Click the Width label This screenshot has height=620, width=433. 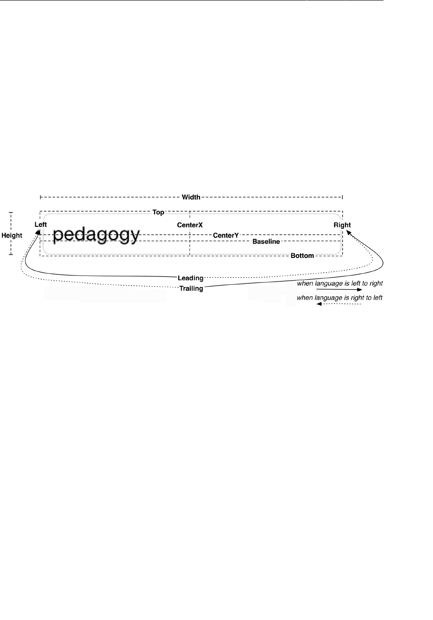(x=191, y=197)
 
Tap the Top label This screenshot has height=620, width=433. (x=158, y=213)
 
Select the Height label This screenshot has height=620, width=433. (x=12, y=235)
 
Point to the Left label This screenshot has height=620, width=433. (x=41, y=225)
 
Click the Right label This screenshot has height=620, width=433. (x=342, y=225)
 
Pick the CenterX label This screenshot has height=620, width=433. (x=190, y=225)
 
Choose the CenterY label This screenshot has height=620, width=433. (x=226, y=236)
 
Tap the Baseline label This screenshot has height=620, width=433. (x=266, y=242)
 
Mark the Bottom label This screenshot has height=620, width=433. (x=302, y=256)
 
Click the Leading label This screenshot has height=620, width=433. (x=191, y=278)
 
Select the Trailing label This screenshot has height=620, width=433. (x=191, y=288)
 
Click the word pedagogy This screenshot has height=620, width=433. (x=96, y=235)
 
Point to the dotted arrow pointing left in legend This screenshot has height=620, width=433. (x=339, y=304)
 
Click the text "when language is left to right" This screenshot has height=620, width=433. (x=339, y=283)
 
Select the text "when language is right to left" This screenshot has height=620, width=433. (x=339, y=298)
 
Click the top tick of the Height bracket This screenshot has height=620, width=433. (x=11, y=213)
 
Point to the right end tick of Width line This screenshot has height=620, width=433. (x=342, y=197)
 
